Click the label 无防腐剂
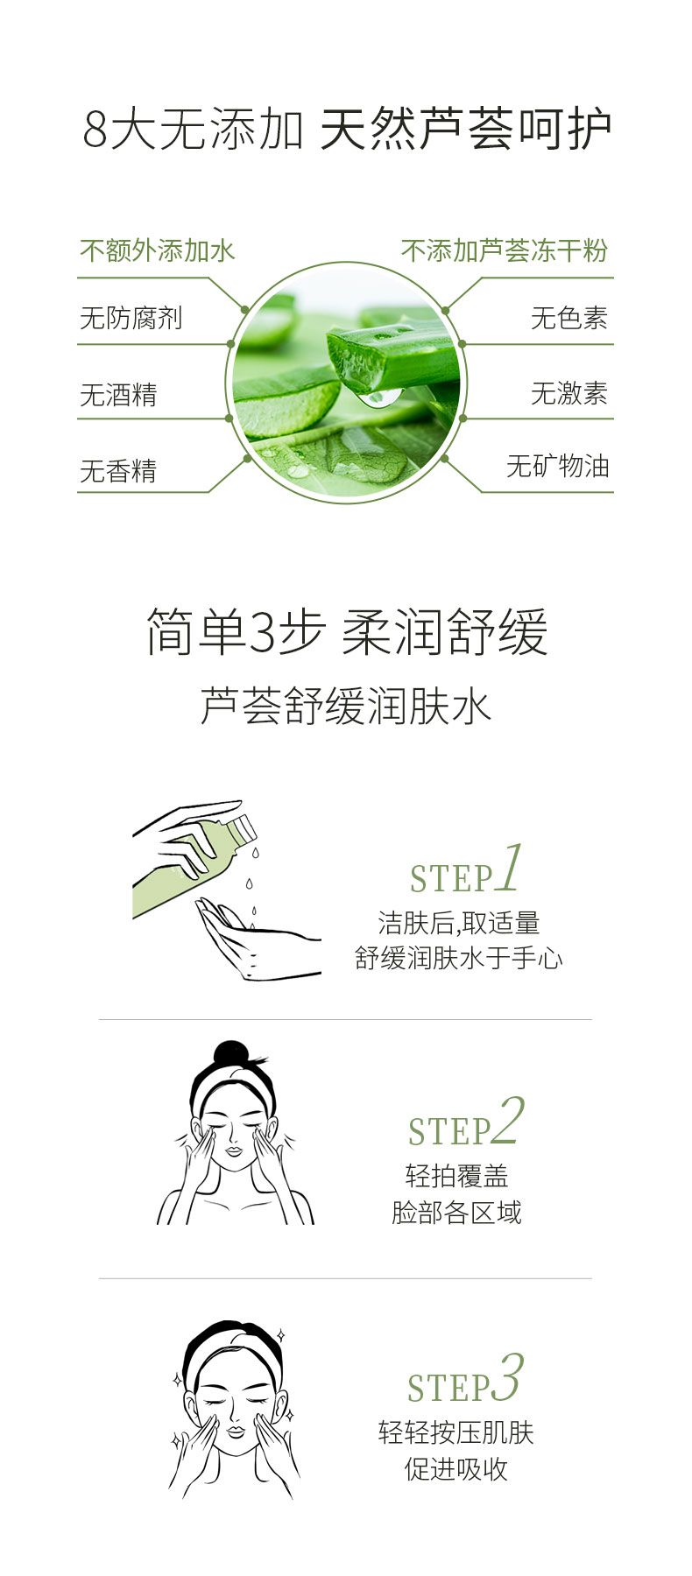click(131, 317)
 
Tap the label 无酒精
click(118, 394)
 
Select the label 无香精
click(118, 471)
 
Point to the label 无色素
click(569, 317)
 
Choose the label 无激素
click(569, 393)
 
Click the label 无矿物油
click(557, 466)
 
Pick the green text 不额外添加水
click(158, 251)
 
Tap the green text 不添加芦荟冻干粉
click(505, 251)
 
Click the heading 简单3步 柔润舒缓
click(346, 632)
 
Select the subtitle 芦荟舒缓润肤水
click(346, 707)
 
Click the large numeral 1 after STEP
click(511, 868)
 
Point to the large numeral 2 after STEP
click(508, 1121)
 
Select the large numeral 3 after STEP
click(507, 1377)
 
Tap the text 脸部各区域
click(456, 1213)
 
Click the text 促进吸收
click(456, 1468)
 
